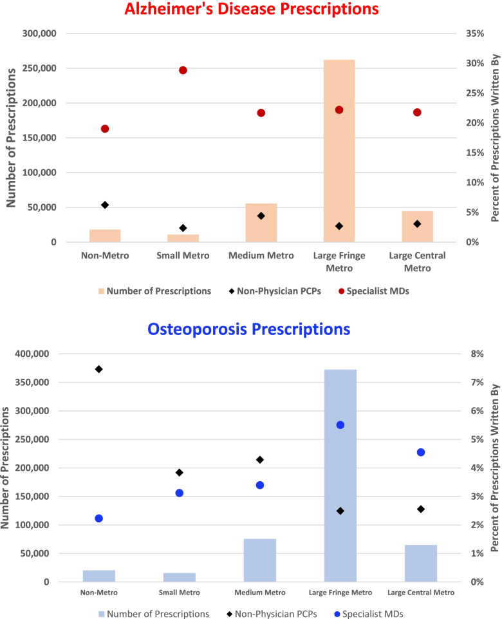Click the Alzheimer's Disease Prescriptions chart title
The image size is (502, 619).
click(251, 9)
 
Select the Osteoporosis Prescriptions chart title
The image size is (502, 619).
click(249, 329)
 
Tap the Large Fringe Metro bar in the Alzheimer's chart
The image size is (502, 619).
click(339, 151)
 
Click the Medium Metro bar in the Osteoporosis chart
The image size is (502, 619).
click(260, 560)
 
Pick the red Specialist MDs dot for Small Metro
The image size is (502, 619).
click(183, 70)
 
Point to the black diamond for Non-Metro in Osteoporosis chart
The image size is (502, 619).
click(99, 369)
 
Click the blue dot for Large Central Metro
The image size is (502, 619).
click(421, 452)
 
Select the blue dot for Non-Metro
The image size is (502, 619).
click(99, 519)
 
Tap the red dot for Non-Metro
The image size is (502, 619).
click(105, 129)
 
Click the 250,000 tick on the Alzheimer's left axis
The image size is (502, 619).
click(39, 68)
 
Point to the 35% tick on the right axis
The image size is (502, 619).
click(475, 33)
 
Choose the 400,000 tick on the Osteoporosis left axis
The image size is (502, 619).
click(32, 354)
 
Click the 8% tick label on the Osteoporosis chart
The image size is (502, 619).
click(477, 354)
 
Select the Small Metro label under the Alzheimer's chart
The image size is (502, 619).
click(183, 256)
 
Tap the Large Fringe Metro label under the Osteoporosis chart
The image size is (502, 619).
click(340, 593)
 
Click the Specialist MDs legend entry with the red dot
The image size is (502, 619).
click(374, 291)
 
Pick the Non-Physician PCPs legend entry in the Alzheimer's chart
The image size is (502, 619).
click(275, 291)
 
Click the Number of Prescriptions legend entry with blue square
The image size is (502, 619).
click(154, 614)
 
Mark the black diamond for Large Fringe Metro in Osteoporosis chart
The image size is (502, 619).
click(340, 511)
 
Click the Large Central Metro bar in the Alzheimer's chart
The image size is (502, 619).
click(417, 227)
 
